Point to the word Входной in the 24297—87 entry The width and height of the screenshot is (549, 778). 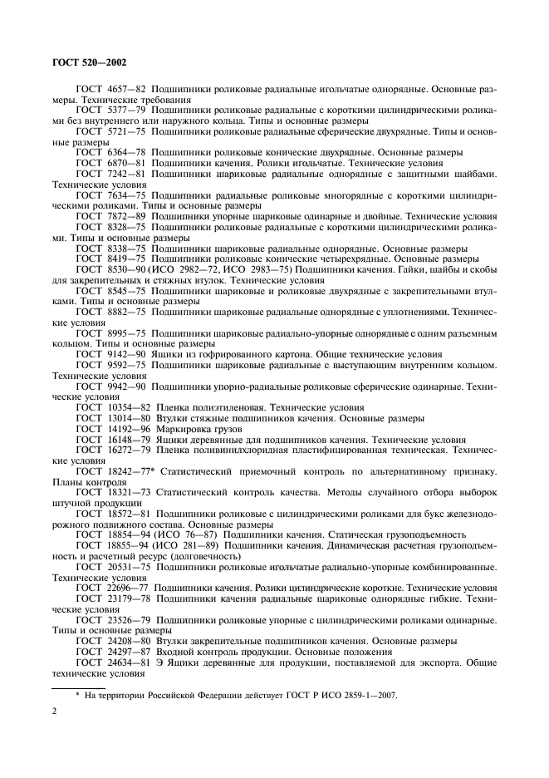(x=177, y=652)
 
